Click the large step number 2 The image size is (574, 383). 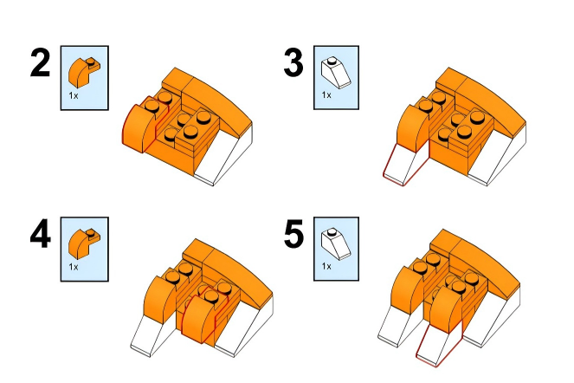40,62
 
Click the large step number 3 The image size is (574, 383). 293,63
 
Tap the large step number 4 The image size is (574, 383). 41,234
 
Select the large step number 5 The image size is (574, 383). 293,234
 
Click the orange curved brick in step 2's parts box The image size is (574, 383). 84,72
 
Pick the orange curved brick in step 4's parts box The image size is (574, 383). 84,243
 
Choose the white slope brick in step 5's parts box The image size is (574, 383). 336,243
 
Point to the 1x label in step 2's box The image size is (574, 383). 74,95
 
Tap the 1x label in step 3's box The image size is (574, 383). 326,95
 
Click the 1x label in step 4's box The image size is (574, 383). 74,267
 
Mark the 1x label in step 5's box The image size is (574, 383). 326,266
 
